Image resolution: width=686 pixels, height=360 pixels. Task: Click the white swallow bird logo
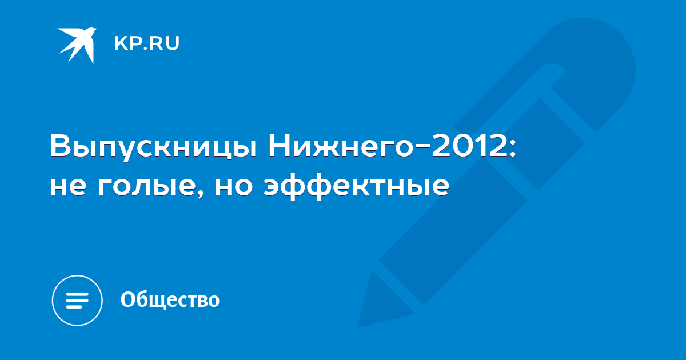[77, 46]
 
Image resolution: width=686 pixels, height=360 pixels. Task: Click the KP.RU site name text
[147, 43]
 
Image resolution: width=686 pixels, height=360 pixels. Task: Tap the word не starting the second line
[67, 187]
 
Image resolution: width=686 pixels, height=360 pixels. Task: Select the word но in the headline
[234, 187]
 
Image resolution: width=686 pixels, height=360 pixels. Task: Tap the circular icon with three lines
[77, 300]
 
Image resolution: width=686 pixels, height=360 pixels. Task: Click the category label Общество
[170, 299]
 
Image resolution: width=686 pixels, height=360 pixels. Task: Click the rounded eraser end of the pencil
[597, 52]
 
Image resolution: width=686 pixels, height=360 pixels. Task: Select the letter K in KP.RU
[121, 43]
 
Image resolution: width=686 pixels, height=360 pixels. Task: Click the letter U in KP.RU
[173, 43]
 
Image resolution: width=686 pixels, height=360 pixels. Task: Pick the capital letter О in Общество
[127, 299]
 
